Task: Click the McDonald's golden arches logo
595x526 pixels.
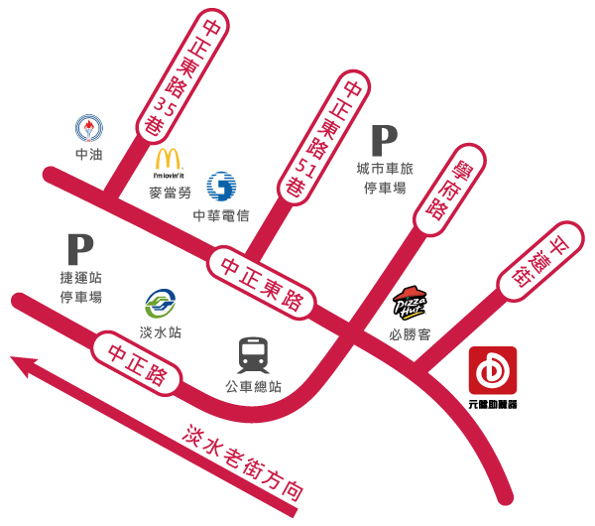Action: click(x=168, y=160)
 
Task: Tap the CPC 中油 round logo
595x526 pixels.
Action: click(x=88, y=127)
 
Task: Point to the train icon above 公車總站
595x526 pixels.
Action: click(x=255, y=354)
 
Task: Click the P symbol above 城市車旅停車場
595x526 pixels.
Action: click(x=383, y=140)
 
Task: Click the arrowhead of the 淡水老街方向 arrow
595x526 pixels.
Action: click(x=22, y=368)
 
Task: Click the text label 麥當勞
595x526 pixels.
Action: click(x=169, y=191)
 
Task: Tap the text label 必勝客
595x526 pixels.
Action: click(x=410, y=334)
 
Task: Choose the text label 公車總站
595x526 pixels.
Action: click(x=254, y=386)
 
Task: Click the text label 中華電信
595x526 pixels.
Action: click(x=221, y=216)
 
